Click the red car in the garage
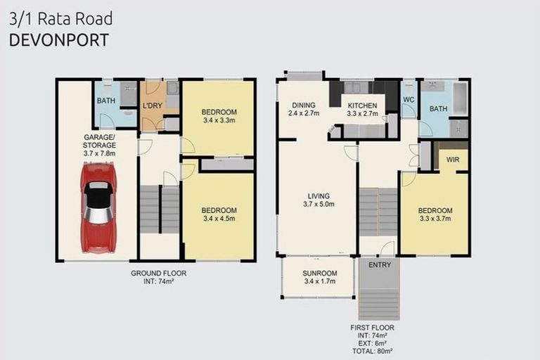point(98,207)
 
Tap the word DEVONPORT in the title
point(59,40)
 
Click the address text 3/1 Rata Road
point(60,19)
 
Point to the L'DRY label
point(153,106)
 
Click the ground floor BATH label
point(106,101)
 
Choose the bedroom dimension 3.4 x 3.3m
point(219,121)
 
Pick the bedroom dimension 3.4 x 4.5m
point(219,219)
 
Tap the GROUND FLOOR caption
point(159,273)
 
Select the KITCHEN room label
point(363,105)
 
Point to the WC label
point(409,99)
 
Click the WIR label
point(454,160)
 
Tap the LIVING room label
point(317,196)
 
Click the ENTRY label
point(380,266)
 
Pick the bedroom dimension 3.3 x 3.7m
point(435,219)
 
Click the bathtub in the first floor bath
point(459,99)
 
